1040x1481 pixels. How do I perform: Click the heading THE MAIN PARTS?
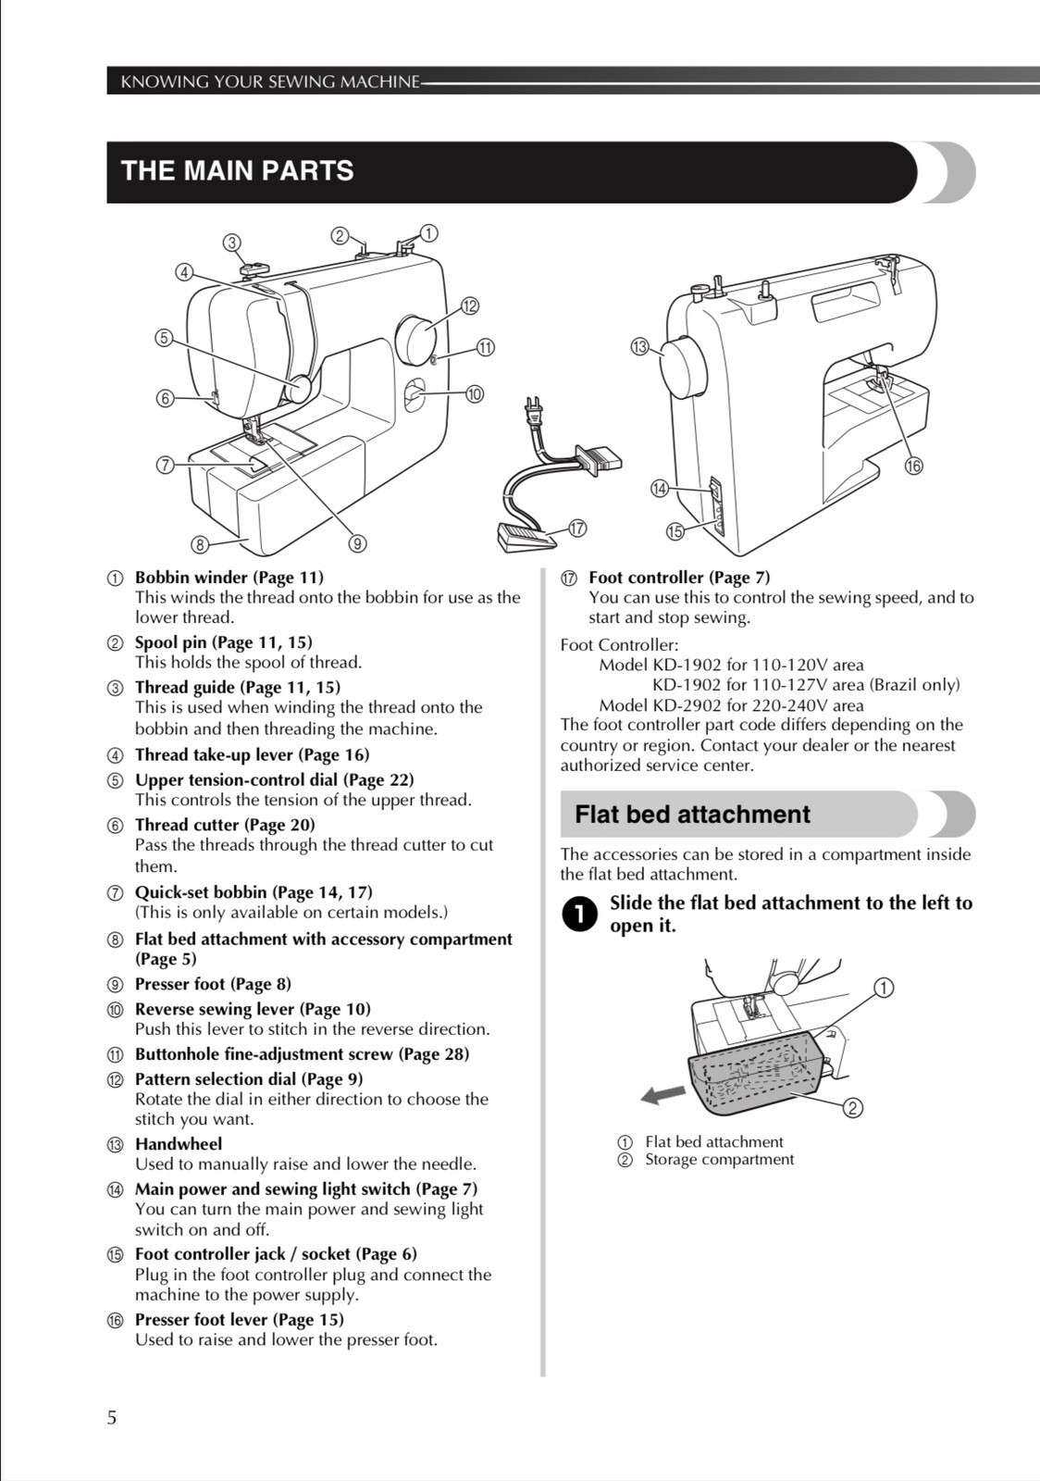[237, 171]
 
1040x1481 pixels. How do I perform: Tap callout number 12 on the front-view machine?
[469, 306]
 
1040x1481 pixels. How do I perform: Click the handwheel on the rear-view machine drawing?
[683, 367]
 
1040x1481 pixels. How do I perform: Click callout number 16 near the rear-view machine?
[913, 466]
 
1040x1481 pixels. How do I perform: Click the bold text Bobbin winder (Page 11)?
[229, 578]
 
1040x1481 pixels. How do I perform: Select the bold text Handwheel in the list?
[179, 1144]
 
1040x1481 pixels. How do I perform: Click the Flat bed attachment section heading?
[692, 815]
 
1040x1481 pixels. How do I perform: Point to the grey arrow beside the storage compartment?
[663, 1095]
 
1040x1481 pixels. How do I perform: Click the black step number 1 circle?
[577, 915]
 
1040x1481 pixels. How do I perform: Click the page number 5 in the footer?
[112, 1417]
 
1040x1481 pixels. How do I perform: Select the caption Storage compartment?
[719, 1160]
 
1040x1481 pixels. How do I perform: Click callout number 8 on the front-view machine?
[199, 544]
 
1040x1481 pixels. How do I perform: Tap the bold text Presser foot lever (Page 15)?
[239, 1320]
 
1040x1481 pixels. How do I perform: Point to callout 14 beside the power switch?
[659, 488]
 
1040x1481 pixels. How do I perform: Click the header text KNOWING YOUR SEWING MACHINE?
[270, 81]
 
